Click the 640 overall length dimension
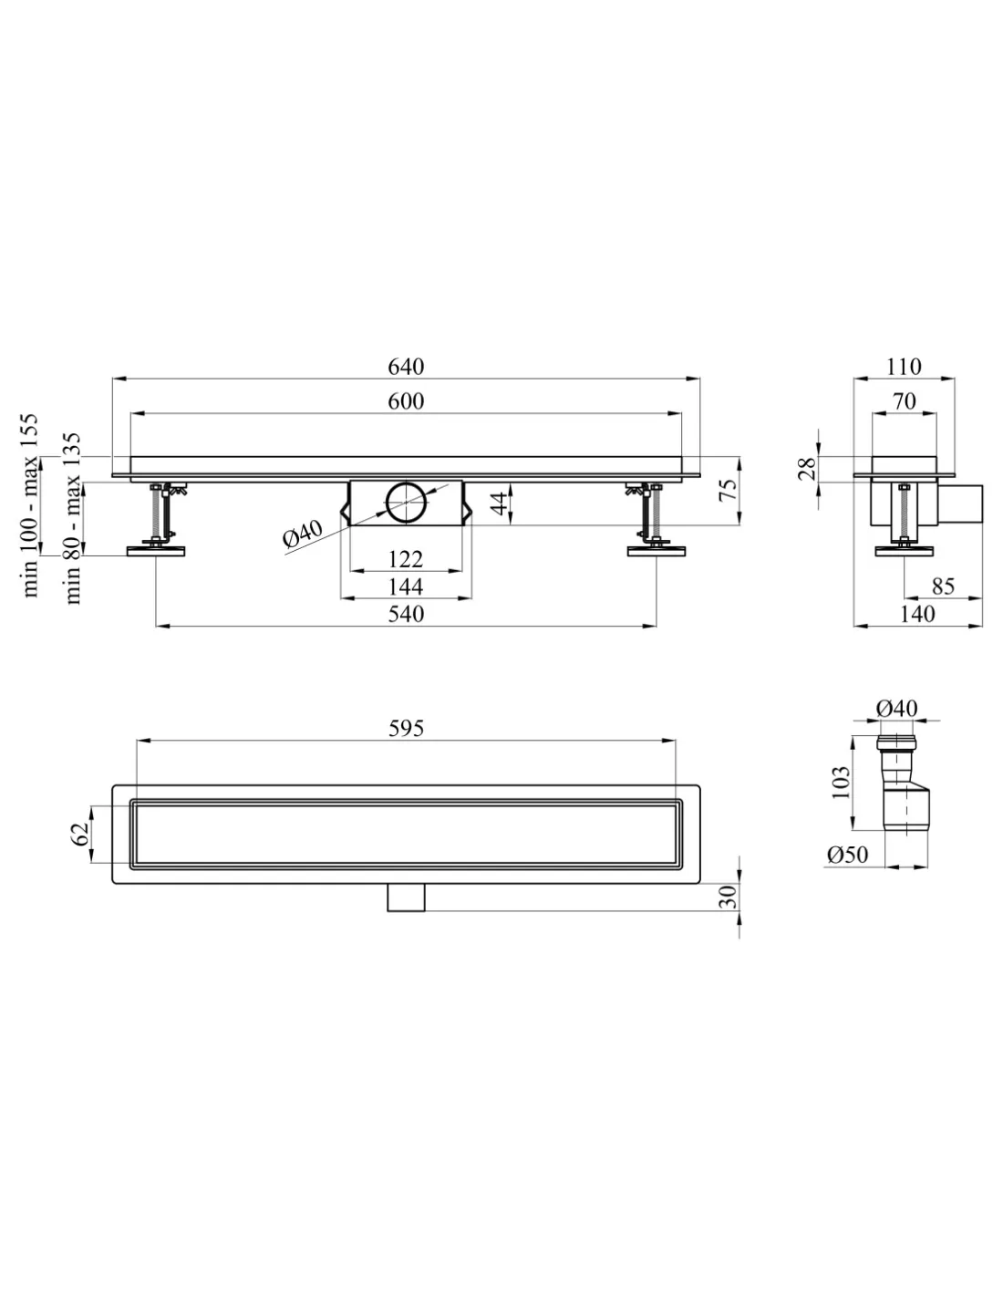406,366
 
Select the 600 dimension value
406,401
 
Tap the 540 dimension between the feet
406,614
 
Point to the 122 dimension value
406,559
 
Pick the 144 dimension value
406,586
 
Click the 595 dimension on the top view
406,728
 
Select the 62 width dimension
80,834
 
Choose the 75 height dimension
728,490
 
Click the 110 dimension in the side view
904,366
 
